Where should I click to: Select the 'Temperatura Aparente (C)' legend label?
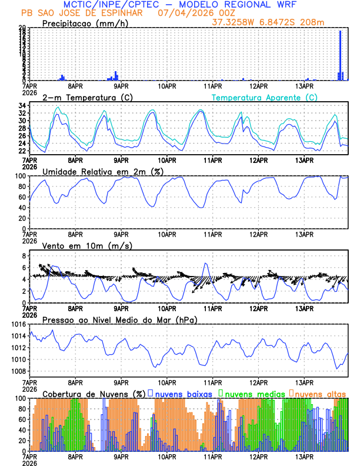coord(265,97)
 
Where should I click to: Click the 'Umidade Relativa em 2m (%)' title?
coord(103,171)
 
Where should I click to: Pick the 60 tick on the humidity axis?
coord(23,197)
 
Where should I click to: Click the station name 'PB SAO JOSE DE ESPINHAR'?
coord(81,12)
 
